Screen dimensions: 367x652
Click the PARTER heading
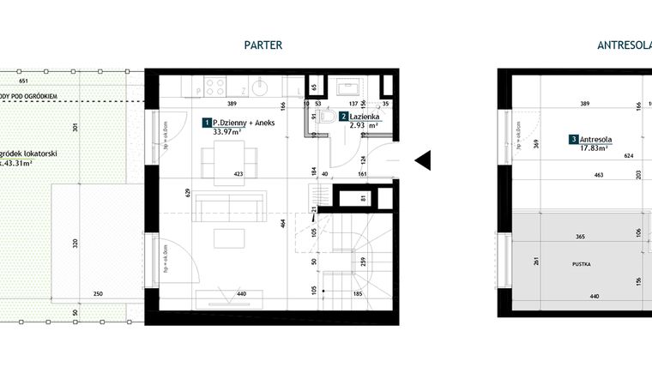coord(263,45)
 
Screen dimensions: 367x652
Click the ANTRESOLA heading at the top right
coord(624,45)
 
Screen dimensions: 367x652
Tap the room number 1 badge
coord(206,123)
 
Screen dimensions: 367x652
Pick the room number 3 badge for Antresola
coord(573,139)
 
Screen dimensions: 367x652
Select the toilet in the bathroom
coord(325,120)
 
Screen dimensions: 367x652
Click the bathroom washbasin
coord(352,87)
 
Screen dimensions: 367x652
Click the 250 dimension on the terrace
coord(98,294)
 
